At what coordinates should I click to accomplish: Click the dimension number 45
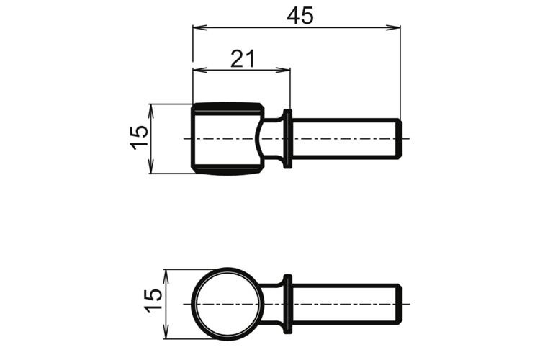point(300,16)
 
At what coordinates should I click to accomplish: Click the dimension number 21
point(243,59)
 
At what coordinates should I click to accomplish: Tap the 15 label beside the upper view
point(140,137)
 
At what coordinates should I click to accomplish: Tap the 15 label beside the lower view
point(153,300)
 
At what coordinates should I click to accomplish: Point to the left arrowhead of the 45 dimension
point(199,27)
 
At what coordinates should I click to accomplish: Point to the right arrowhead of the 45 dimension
point(393,27)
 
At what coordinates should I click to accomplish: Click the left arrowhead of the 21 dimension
point(199,71)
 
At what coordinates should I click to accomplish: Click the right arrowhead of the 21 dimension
point(283,71)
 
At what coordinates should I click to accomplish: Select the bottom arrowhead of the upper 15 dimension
point(150,166)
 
